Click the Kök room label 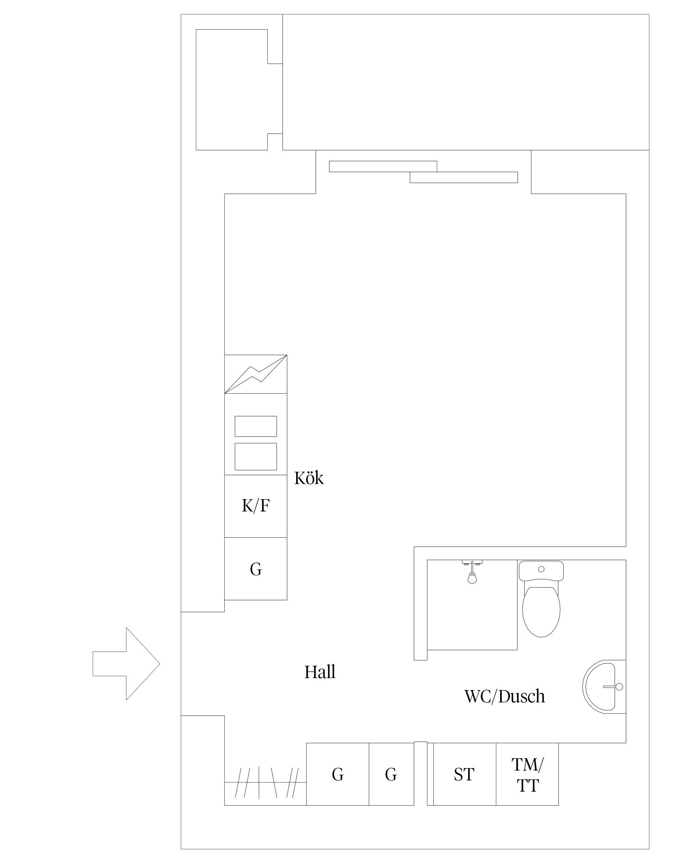click(309, 478)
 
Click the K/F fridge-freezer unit click(256, 506)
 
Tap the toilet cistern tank click(541, 571)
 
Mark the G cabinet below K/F click(256, 569)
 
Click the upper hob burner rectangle click(256, 426)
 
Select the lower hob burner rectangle click(256, 457)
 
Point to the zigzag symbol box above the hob click(256, 374)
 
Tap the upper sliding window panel click(383, 167)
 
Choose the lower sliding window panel click(464, 178)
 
